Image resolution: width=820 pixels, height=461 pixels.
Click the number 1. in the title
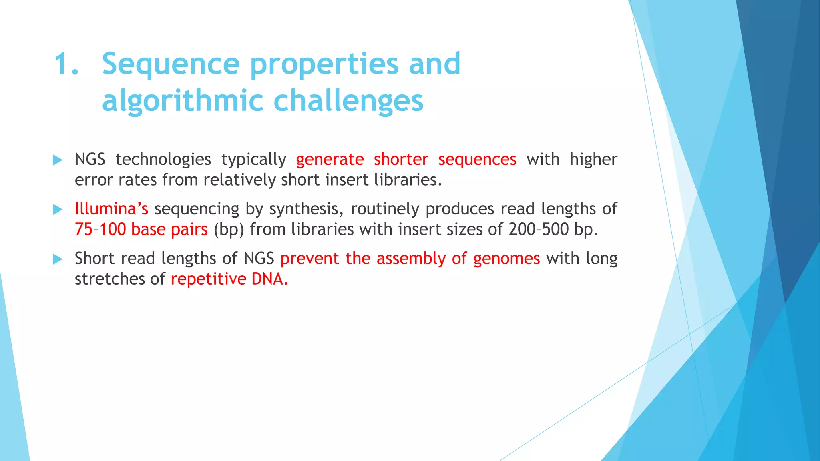[x=66, y=64]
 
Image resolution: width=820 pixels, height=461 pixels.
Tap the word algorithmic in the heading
[x=182, y=101]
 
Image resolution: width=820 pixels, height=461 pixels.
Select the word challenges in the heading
[x=348, y=101]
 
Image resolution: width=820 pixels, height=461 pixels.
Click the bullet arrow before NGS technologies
[x=58, y=160]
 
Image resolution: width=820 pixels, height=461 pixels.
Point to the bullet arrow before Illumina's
[x=58, y=210]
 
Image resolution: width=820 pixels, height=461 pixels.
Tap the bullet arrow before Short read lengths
[x=58, y=259]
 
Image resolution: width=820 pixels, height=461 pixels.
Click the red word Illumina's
[x=111, y=209]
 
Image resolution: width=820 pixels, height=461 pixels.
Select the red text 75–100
[x=100, y=229]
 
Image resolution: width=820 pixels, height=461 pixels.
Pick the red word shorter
[x=401, y=160]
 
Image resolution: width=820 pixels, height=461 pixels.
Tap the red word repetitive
[x=208, y=279]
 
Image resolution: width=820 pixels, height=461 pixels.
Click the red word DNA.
[x=269, y=279]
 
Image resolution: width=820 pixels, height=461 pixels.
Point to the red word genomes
[x=506, y=259]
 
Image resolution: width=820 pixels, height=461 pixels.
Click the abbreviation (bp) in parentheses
[x=229, y=230]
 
